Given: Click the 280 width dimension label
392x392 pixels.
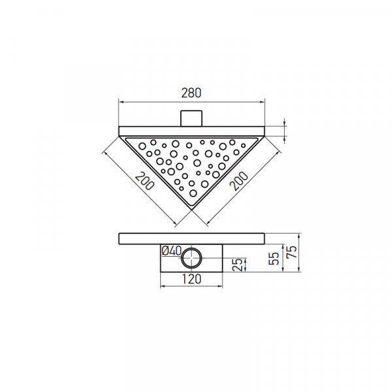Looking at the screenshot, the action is (191, 93).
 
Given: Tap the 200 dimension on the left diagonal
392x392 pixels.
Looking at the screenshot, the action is (145, 181).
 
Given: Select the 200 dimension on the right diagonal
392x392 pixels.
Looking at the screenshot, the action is (238, 181).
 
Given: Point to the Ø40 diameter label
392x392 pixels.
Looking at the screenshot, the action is (171, 251).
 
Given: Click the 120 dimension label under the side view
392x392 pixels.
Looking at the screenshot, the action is (191, 279).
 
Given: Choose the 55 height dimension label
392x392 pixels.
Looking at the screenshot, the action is (274, 258).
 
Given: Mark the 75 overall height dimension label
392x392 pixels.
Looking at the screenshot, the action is (291, 252).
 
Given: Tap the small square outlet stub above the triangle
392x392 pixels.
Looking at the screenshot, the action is (191, 118).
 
